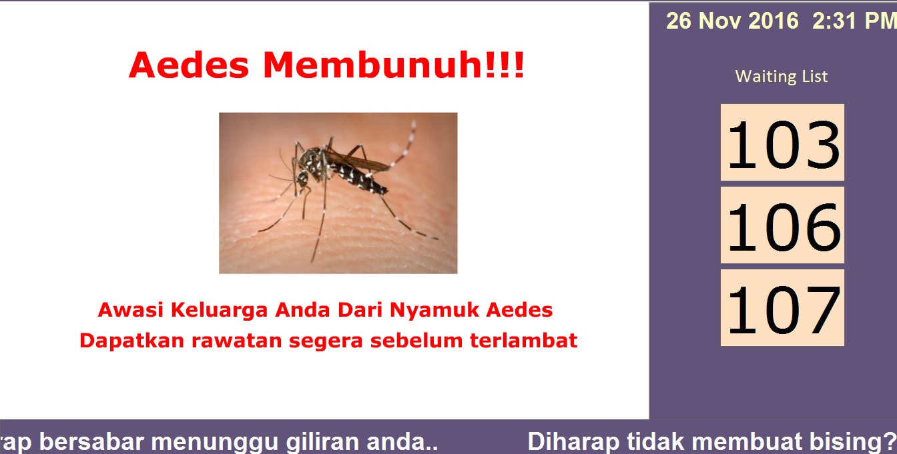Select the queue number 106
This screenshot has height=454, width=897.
[782, 227]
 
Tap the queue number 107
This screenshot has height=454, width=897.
[782, 309]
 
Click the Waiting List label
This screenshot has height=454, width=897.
[782, 76]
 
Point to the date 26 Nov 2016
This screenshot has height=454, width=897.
[732, 21]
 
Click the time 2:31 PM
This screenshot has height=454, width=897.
[854, 21]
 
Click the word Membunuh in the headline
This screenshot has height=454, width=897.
[393, 65]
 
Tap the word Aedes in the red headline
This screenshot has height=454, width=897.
[189, 65]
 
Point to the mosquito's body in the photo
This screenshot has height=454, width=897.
[340, 170]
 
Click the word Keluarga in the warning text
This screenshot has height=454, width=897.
[219, 309]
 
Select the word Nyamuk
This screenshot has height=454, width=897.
[434, 310]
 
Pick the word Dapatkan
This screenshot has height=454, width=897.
[131, 341]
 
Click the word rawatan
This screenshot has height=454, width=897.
[237, 341]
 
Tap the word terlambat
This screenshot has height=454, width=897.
[523, 341]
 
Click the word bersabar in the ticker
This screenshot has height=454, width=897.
[91, 442]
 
